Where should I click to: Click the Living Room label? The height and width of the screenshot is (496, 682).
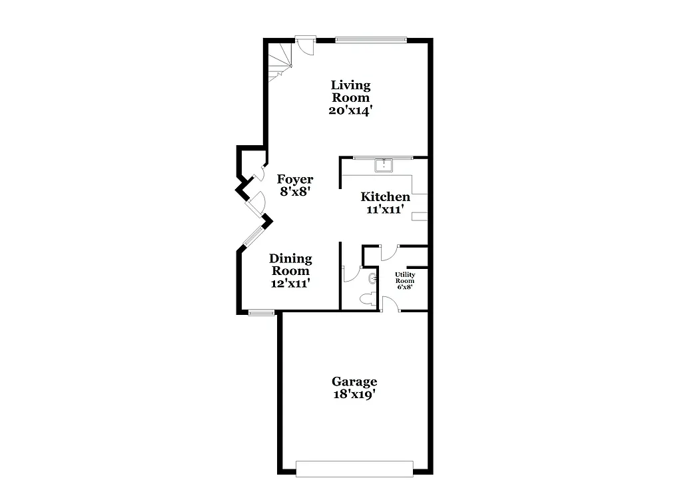click(x=351, y=91)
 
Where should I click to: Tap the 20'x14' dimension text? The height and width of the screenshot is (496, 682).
click(x=351, y=111)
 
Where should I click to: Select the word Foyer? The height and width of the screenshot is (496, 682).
click(x=295, y=179)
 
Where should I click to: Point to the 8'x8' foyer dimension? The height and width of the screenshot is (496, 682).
click(x=295, y=192)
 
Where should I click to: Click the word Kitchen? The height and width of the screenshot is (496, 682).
click(x=385, y=196)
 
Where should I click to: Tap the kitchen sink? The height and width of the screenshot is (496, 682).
click(x=384, y=164)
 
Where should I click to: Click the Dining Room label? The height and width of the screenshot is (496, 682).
click(x=290, y=264)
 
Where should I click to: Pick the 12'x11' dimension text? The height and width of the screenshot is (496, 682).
click(x=290, y=283)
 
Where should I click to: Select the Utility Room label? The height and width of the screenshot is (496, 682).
click(x=405, y=278)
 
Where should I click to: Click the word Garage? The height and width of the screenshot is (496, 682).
click(x=354, y=381)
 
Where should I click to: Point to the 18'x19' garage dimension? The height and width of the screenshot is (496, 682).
click(x=354, y=394)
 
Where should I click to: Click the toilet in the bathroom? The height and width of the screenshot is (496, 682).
click(x=366, y=300)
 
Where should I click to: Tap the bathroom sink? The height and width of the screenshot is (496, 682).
click(x=372, y=278)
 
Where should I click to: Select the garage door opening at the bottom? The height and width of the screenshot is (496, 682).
click(x=354, y=468)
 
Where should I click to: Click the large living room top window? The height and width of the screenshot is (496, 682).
click(x=370, y=39)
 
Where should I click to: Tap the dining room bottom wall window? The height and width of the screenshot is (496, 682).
click(x=261, y=312)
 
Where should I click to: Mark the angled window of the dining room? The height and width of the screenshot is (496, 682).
click(x=252, y=236)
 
